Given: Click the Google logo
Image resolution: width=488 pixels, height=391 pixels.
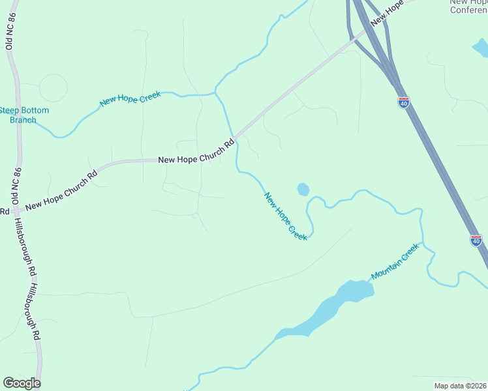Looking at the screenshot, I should click(22, 383).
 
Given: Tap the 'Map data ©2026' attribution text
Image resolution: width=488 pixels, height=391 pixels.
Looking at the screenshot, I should click(460, 386).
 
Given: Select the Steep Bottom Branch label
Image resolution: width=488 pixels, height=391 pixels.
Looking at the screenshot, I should click(24, 115).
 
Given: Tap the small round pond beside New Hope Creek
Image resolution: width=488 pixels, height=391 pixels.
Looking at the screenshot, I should click(303, 190).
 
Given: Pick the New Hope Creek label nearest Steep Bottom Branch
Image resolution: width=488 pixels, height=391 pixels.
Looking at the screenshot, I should click(130, 99).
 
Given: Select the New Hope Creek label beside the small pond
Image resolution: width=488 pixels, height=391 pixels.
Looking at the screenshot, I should click(286, 216).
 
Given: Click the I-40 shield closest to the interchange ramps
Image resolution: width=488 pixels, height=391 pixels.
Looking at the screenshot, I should click(404, 102).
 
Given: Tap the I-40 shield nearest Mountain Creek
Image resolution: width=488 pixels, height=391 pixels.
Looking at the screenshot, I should click(476, 240).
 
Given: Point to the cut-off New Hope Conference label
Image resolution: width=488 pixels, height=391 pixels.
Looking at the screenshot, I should click(468, 6).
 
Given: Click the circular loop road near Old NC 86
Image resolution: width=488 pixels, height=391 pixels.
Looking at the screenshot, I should click(53, 88).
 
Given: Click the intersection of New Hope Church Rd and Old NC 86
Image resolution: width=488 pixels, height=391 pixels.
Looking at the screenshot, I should click(18, 210).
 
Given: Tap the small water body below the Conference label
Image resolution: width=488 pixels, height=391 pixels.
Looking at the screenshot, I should click(480, 47).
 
